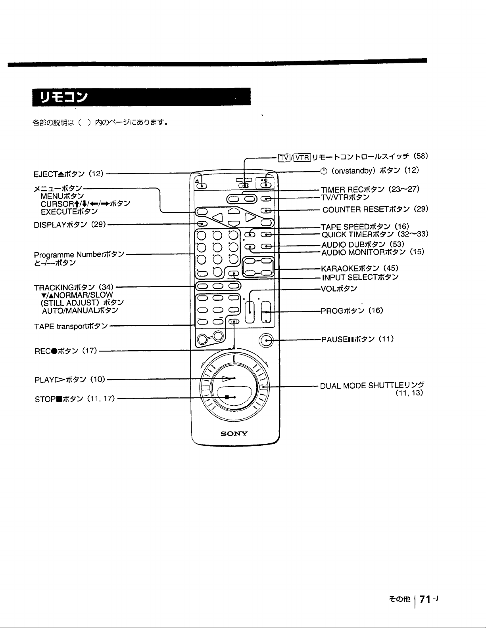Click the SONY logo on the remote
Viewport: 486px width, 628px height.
(234, 433)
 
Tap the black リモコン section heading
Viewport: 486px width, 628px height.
(142, 97)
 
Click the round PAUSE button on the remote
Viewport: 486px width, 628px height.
(266, 341)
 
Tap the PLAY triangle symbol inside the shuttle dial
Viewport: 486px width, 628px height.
(228, 378)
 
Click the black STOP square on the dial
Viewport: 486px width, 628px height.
(227, 397)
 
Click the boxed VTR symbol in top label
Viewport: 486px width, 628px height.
(302, 157)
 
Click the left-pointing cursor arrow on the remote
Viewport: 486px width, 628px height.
(217, 218)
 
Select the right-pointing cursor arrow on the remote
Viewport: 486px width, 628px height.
(251, 217)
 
